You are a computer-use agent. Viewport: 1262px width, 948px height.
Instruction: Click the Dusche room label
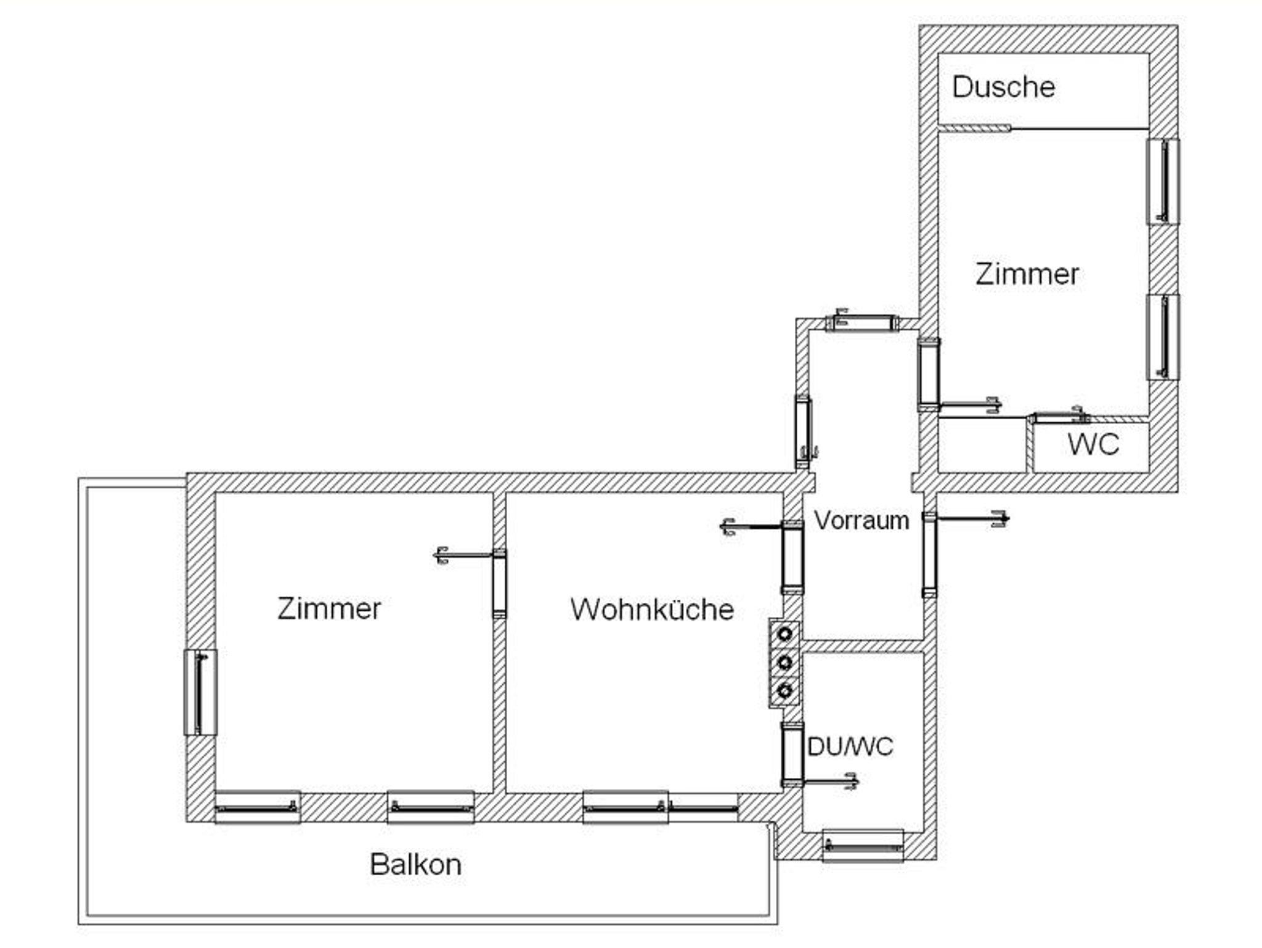pyautogui.click(x=1003, y=87)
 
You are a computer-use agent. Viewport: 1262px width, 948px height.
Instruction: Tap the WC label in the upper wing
pyautogui.click(x=1093, y=444)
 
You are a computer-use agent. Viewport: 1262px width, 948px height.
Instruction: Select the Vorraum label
pyautogui.click(x=861, y=521)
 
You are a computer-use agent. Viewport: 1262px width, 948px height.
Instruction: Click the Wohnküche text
pyautogui.click(x=652, y=609)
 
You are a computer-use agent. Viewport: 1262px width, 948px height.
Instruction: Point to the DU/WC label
pyautogui.click(x=850, y=747)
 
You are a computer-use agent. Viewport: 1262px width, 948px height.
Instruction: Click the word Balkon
pyautogui.click(x=415, y=864)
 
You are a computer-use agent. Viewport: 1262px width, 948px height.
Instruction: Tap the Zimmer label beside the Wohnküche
pyautogui.click(x=329, y=608)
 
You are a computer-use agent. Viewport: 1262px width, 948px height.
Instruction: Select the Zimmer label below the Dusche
pyautogui.click(x=1027, y=274)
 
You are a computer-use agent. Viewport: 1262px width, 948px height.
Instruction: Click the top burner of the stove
pyautogui.click(x=784, y=633)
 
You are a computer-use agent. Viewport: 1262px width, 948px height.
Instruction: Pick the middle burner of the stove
pyautogui.click(x=784, y=663)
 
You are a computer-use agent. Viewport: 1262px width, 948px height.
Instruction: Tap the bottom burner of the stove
pyautogui.click(x=784, y=691)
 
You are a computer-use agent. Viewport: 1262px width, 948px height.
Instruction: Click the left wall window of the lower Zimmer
pyautogui.click(x=200, y=692)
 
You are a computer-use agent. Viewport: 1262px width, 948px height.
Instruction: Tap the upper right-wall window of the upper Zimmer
pyautogui.click(x=1163, y=182)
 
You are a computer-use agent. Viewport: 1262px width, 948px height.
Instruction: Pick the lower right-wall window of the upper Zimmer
pyautogui.click(x=1163, y=337)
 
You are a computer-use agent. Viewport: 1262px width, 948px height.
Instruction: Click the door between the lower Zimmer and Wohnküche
pyautogui.click(x=499, y=583)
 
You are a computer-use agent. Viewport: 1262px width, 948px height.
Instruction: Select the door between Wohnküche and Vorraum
pyautogui.click(x=792, y=557)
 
